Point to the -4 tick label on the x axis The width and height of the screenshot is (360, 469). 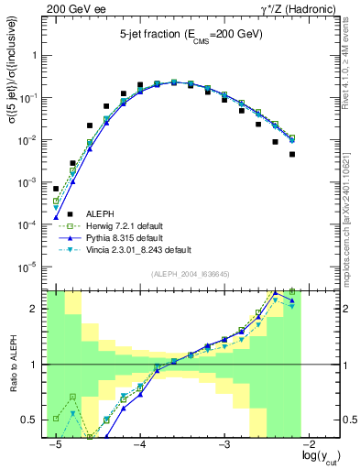(140, 444)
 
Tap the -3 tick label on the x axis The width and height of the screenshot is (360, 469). (225, 444)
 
